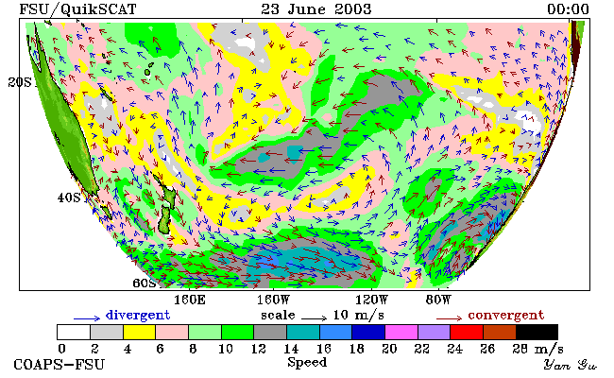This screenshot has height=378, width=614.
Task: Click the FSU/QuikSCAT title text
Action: pos(77,9)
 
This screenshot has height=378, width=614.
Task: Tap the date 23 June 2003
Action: pos(316,9)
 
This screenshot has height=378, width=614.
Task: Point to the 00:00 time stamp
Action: pos(568,9)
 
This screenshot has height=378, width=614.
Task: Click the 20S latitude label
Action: pos(20,82)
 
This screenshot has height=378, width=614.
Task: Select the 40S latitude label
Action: pos(69,198)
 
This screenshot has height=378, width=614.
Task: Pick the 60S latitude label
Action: pos(145,283)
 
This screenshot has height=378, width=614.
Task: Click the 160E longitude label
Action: pos(190,301)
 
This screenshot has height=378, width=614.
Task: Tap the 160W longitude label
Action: pos(273,301)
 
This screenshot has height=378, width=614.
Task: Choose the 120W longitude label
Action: pos(371,301)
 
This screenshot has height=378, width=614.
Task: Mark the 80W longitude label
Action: pos(438,301)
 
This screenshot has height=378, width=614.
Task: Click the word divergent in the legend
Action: pos(138,316)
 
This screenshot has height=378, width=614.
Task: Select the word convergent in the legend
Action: pos(506,316)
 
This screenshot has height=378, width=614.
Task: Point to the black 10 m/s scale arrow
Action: pos(314,318)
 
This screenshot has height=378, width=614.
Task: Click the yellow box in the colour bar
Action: pos(140,332)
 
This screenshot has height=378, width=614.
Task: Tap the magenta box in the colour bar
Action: pos(401,332)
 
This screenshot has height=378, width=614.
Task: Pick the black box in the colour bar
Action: pos(537,332)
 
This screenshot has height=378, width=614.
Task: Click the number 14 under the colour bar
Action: pos(291,348)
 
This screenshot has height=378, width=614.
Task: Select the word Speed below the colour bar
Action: pos(307,362)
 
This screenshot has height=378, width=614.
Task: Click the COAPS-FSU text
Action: pos(60,364)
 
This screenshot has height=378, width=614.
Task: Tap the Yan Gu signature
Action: pos(571,365)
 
